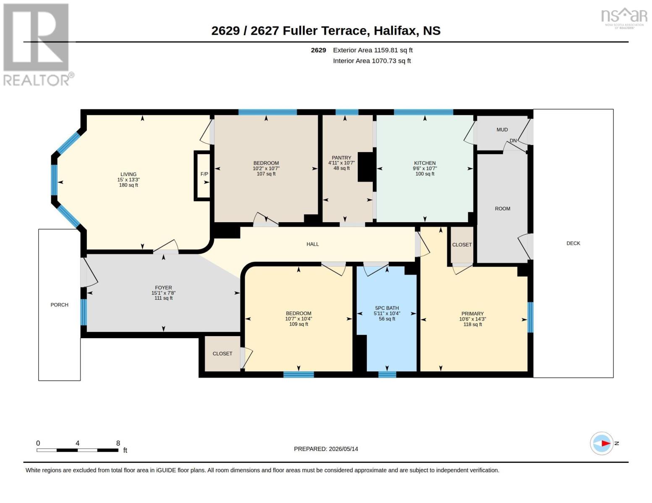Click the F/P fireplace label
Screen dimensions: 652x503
tap(204, 174)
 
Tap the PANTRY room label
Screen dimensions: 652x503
tap(341, 158)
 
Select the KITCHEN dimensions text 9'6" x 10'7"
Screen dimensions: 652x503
tap(425, 169)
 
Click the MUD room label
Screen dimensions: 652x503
tap(502, 130)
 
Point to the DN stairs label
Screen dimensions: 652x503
tap(513, 140)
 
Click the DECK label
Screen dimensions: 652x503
tap(573, 243)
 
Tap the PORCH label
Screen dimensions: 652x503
tap(60, 305)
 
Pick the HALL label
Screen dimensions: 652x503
tap(313, 244)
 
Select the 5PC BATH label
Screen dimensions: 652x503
tap(387, 308)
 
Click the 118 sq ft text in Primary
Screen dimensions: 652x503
tap(473, 324)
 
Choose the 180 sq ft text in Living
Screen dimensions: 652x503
tap(128, 185)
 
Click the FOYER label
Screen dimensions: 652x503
tap(164, 288)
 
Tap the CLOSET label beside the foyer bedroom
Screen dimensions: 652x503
tap(223, 353)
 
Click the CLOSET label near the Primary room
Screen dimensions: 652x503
tap(462, 245)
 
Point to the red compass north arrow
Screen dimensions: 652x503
tap(606, 443)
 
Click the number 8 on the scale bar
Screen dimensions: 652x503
tap(118, 443)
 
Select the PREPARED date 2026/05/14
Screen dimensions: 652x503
tap(343, 449)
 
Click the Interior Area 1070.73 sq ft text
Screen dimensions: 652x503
tap(372, 61)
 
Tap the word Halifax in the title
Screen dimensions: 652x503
tap(395, 31)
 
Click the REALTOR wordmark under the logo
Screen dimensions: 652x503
tap(37, 80)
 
